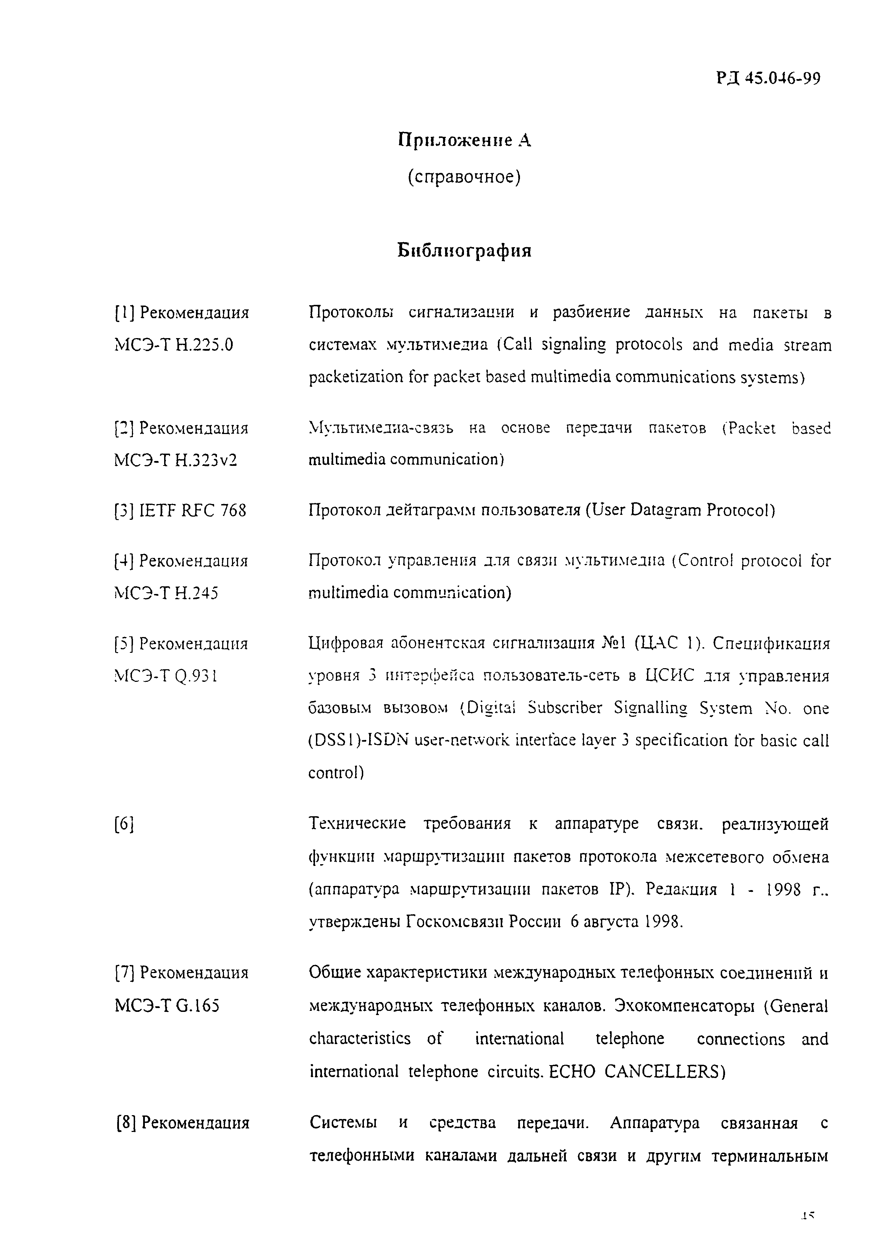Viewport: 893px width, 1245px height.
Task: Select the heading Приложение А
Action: tap(464, 140)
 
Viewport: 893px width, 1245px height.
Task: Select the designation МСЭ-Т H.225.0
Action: tap(174, 345)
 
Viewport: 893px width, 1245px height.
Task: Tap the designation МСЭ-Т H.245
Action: tap(166, 593)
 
